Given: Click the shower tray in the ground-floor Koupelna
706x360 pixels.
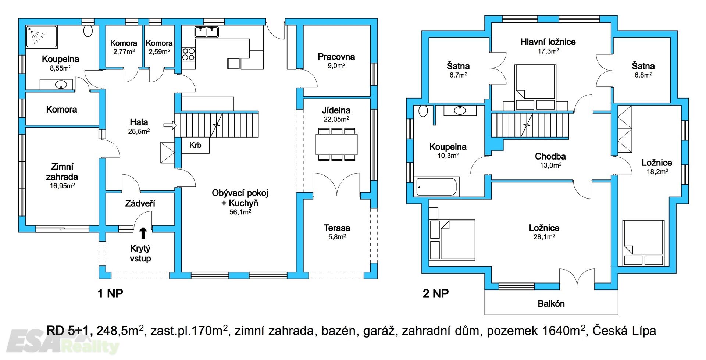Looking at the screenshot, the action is pos(42,37).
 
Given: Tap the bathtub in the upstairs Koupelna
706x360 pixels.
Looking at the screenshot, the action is pos(436,186).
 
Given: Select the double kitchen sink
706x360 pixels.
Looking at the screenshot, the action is pos(206,32).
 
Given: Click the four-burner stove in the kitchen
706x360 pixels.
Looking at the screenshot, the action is pos(189,54).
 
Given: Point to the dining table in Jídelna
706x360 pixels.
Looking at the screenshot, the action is pos(336,145).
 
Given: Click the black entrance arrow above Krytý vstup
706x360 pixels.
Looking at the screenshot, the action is pos(143,233).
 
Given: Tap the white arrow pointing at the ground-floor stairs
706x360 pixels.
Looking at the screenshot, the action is pos(170,125).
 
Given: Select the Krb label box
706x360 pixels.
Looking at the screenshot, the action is pos(195,145).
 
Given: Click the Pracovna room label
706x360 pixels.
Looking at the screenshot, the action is pos(336,57).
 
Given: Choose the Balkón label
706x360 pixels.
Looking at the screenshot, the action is pos(551,304).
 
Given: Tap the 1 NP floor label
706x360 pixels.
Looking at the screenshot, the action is pos(110,293).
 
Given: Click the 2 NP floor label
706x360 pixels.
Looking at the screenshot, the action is pos(436,293).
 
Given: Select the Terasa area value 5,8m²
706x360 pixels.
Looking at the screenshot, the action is pos(337,237).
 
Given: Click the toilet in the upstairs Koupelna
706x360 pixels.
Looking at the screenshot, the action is pos(423,111).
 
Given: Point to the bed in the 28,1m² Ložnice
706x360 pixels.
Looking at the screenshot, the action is pos(452,239).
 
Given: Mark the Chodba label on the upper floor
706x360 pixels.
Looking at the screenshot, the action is pos(550,156).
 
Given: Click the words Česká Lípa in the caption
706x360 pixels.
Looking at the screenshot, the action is pos(624,331).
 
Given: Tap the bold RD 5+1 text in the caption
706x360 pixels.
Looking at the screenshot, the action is pos(69,331).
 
